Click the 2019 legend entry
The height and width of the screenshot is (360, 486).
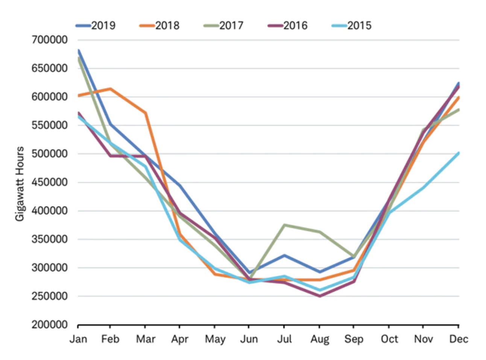pyautogui.click(x=96, y=26)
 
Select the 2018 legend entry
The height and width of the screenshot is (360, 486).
pyautogui.click(x=159, y=26)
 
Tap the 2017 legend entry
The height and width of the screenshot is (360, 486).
pyautogui.click(x=223, y=26)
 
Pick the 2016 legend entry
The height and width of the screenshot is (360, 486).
pyautogui.click(x=287, y=26)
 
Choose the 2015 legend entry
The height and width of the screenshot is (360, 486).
pyautogui.click(x=351, y=26)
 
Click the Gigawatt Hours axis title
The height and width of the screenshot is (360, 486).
pyautogui.click(x=20, y=184)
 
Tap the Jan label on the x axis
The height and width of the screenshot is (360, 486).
pyautogui.click(x=78, y=339)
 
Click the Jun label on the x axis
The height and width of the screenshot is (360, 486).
pyautogui.click(x=249, y=339)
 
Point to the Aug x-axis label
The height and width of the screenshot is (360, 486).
pyautogui.click(x=320, y=339)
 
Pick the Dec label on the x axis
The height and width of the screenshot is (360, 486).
pyautogui.click(x=459, y=339)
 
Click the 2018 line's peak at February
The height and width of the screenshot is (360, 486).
pyautogui.click(x=110, y=89)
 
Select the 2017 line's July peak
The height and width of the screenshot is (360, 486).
pyautogui.click(x=284, y=225)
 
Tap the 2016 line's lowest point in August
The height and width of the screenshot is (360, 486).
pyautogui.click(x=320, y=296)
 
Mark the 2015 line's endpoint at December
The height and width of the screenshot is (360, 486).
pyautogui.click(x=459, y=153)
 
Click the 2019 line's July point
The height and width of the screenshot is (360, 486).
pyautogui.click(x=284, y=256)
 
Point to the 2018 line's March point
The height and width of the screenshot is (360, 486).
pyautogui.click(x=146, y=113)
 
